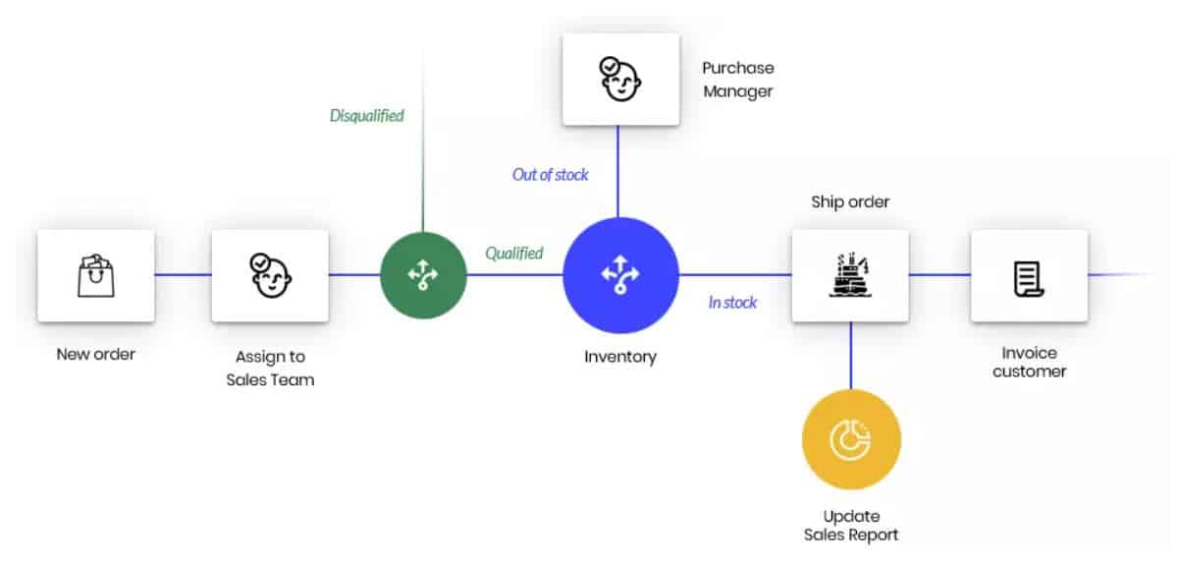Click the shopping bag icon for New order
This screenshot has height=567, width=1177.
96,275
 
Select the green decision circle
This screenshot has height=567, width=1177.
423,275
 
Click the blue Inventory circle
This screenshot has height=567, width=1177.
620,275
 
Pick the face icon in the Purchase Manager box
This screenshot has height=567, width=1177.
620,78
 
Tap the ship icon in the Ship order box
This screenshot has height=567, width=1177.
850,275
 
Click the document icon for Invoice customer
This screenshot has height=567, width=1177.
1029,279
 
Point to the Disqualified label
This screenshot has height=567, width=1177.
367,116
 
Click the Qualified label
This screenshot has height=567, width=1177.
514,254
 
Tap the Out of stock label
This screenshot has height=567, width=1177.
551,175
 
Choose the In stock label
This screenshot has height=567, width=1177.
732,303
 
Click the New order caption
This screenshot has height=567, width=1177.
96,355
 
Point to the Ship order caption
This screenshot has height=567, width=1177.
850,202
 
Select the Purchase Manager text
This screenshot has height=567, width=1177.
738,80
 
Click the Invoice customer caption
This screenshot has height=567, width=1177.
1029,362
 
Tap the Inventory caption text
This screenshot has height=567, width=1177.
620,357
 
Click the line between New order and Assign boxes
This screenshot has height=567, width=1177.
184,275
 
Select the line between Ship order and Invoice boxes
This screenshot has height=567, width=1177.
939,275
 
